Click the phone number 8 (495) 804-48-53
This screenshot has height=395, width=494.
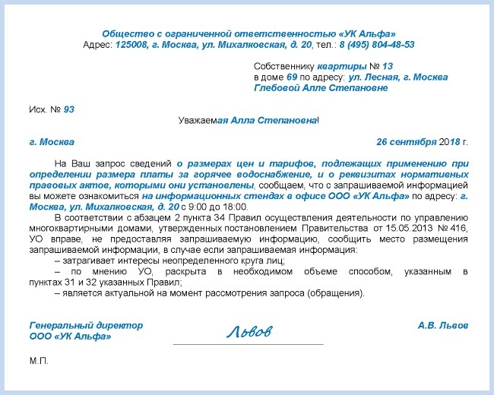(x=377, y=45)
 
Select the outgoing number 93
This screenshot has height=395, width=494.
(x=69, y=109)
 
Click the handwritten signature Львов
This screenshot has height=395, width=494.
(x=248, y=332)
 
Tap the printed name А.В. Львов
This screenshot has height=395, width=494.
(x=442, y=325)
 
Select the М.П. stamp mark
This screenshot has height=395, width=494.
(x=39, y=360)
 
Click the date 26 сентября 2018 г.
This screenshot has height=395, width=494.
(x=422, y=142)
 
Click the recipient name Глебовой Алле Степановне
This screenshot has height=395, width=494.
(x=320, y=87)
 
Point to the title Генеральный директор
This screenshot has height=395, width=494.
(x=86, y=325)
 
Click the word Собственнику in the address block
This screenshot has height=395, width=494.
(x=283, y=66)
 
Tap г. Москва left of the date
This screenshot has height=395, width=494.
(x=51, y=142)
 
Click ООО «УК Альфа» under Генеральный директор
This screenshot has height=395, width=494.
(x=70, y=336)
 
